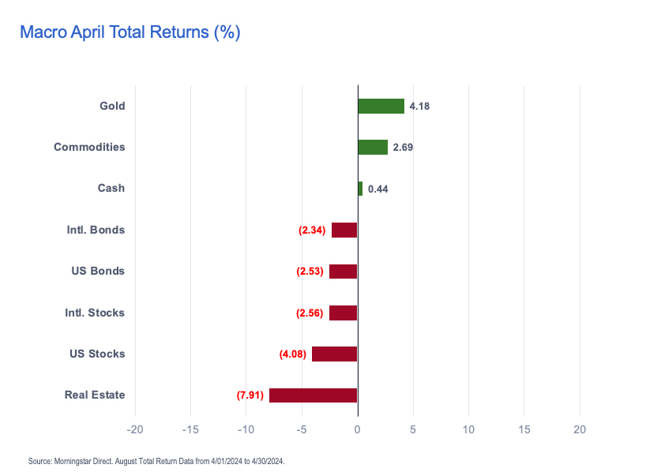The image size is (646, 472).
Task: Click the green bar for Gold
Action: (x=381, y=106)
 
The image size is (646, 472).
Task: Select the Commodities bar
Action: (x=373, y=147)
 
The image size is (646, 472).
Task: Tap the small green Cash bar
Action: (x=360, y=189)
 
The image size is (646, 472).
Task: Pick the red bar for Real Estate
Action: (x=313, y=395)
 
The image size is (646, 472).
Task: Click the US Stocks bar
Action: (x=334, y=354)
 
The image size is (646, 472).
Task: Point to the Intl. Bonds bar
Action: (x=344, y=230)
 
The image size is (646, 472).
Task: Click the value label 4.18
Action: (x=419, y=106)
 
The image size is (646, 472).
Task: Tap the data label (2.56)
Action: (x=310, y=313)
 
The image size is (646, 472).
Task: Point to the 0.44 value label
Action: (x=378, y=189)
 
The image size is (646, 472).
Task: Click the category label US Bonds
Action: (x=98, y=271)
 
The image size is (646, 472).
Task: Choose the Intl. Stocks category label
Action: (x=95, y=313)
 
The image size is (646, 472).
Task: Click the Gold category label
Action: (x=112, y=106)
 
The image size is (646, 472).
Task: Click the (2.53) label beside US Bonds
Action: (x=310, y=272)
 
